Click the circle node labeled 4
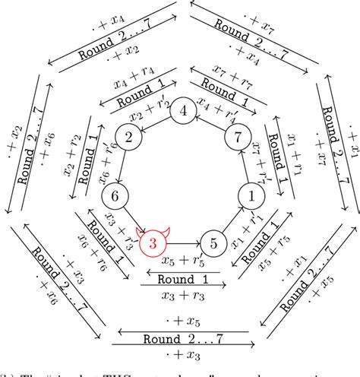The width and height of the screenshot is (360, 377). point(182,110)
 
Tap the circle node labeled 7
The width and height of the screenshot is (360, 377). point(236,138)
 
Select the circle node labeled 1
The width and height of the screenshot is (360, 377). point(250,195)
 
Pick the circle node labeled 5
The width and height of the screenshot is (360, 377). point(213,243)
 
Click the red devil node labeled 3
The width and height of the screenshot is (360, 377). point(153,243)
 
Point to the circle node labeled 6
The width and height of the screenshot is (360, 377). point(115,195)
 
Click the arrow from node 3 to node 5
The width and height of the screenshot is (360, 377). point(183,243)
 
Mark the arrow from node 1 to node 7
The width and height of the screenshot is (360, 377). point(244,166)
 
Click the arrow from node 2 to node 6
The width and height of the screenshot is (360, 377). point(121,166)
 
